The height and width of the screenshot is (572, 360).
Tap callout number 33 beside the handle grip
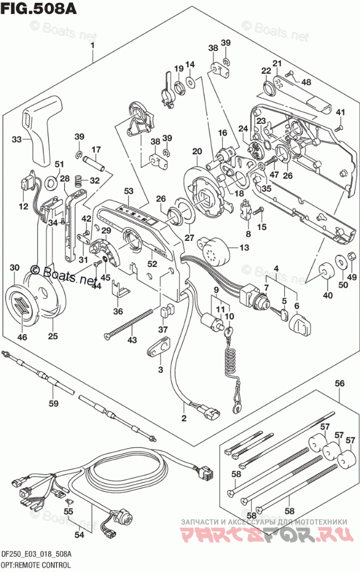coord(17,139)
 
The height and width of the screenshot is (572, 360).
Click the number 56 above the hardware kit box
coord(340,383)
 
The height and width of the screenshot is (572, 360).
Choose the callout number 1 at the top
coord(92,46)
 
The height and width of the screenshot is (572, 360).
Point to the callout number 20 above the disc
coord(197,151)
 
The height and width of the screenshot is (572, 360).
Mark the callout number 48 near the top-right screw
coord(306,82)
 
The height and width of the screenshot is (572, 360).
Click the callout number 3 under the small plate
coord(160,369)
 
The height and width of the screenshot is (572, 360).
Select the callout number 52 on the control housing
coord(152,263)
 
